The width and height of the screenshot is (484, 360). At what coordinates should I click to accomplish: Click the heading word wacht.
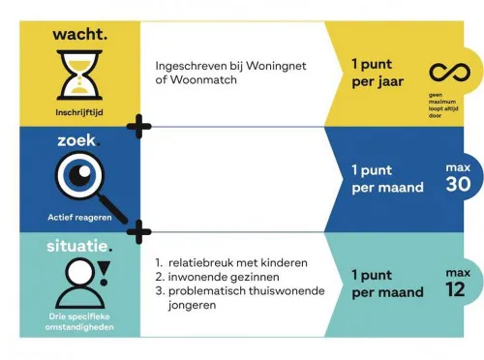pos(80,35)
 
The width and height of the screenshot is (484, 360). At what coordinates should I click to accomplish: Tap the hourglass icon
pos(79,76)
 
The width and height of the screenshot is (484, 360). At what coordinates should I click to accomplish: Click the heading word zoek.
pos(75,140)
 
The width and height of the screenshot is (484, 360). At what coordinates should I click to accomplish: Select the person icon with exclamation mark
pos(81,283)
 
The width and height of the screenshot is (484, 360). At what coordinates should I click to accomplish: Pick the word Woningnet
pos(264,66)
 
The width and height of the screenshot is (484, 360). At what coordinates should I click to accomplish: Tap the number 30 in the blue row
pos(458,184)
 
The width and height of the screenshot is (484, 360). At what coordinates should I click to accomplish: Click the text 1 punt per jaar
pos(378,73)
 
